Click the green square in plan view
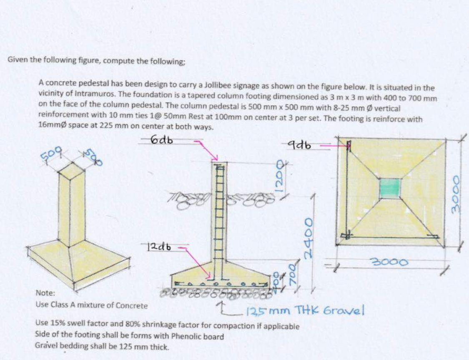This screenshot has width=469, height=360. (x=390, y=189)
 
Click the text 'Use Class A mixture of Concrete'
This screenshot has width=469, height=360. (x=91, y=305)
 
